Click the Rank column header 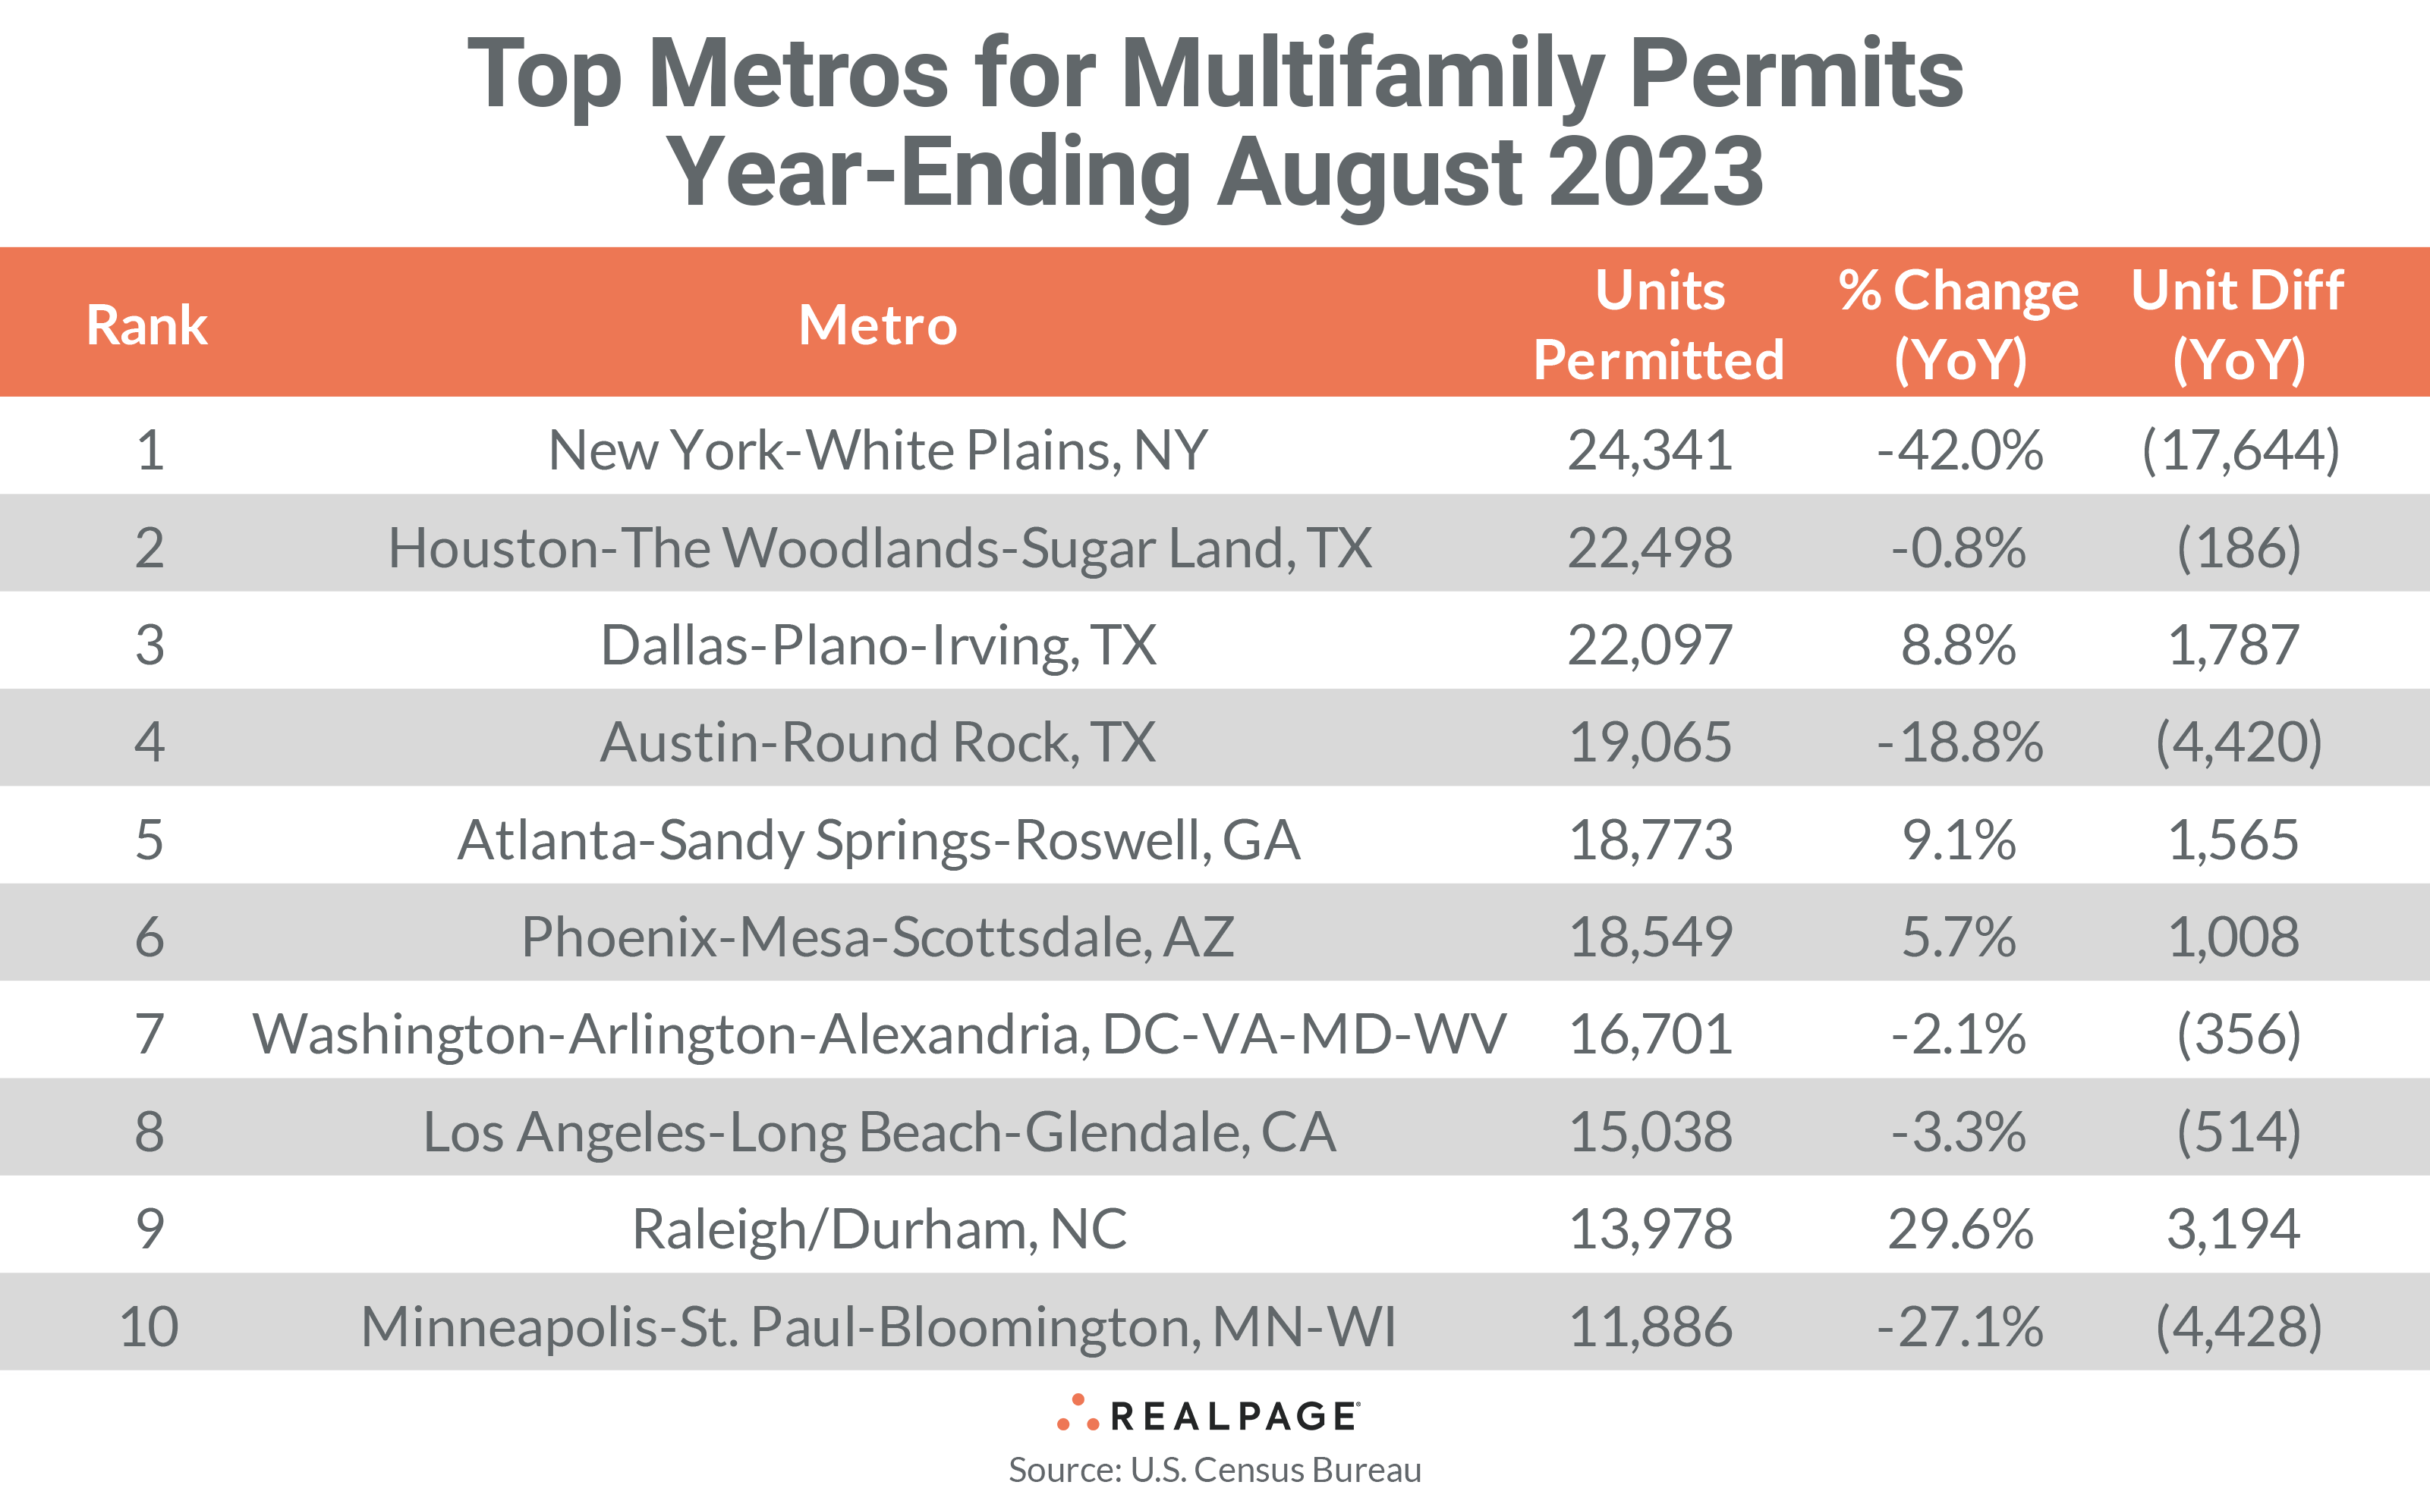(146, 325)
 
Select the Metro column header (877, 325)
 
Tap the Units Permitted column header (1658, 325)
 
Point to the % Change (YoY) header (1959, 325)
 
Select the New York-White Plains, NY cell (877, 451)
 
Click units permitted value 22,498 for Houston (1651, 548)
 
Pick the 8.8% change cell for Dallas (1959, 645)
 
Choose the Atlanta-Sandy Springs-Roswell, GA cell (877, 840)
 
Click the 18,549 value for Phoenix (1651, 937)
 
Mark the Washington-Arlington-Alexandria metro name (877, 1034)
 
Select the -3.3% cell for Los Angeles (1959, 1132)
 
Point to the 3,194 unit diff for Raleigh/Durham (2233, 1229)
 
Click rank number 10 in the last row (149, 1326)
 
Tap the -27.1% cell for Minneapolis (1959, 1326)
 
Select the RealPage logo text (1232, 1416)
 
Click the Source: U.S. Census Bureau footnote (1214, 1470)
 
